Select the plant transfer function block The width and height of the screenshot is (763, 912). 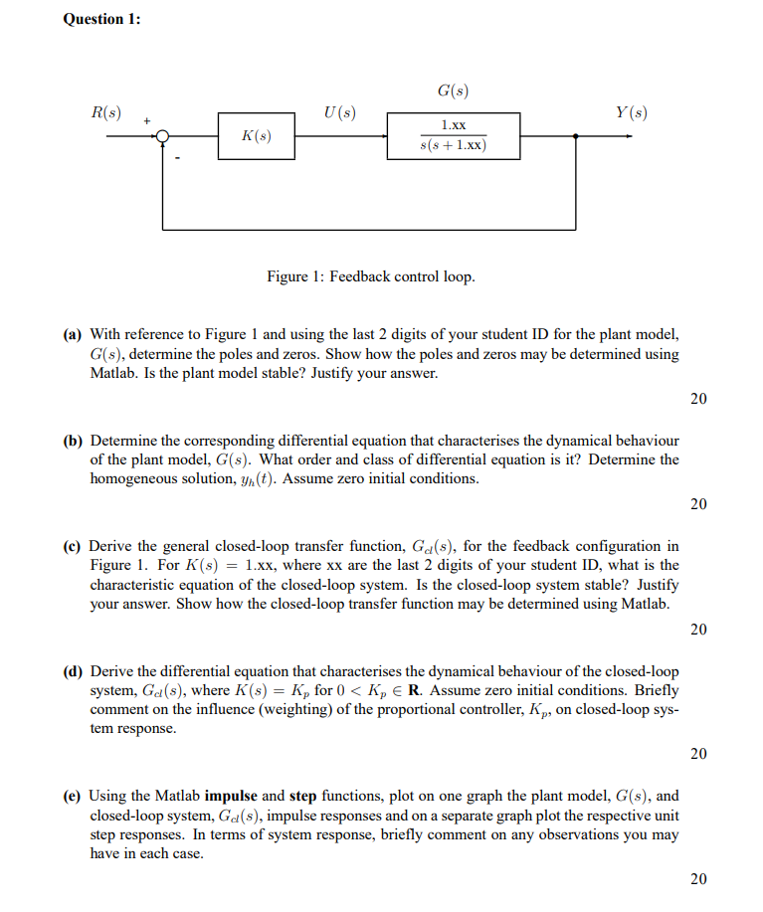453,136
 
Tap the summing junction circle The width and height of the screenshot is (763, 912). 163,136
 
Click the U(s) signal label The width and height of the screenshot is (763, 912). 340,112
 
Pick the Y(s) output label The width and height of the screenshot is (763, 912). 631,112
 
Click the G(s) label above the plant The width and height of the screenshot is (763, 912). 453,91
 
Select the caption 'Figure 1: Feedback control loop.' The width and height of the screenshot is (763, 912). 371,275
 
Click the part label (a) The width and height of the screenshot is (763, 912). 74,335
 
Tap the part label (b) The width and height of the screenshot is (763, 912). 74,441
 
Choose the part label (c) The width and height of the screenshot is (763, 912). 74,546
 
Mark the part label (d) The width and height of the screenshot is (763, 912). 74,671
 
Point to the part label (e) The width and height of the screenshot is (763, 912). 74,797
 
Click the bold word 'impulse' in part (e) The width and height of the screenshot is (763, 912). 230,797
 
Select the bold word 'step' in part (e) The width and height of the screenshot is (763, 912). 302,797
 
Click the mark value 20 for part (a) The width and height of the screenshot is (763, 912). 698,399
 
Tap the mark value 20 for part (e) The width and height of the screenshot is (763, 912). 698,879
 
